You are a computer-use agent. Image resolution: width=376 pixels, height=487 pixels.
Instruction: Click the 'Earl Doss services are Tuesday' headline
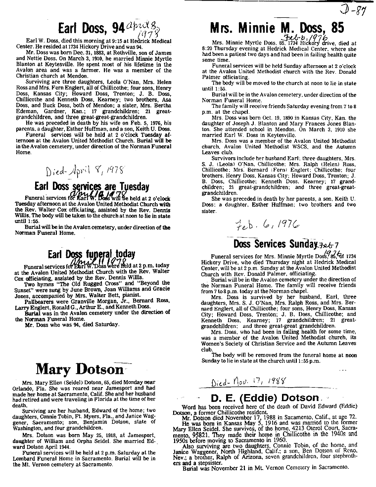coord(92,187)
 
